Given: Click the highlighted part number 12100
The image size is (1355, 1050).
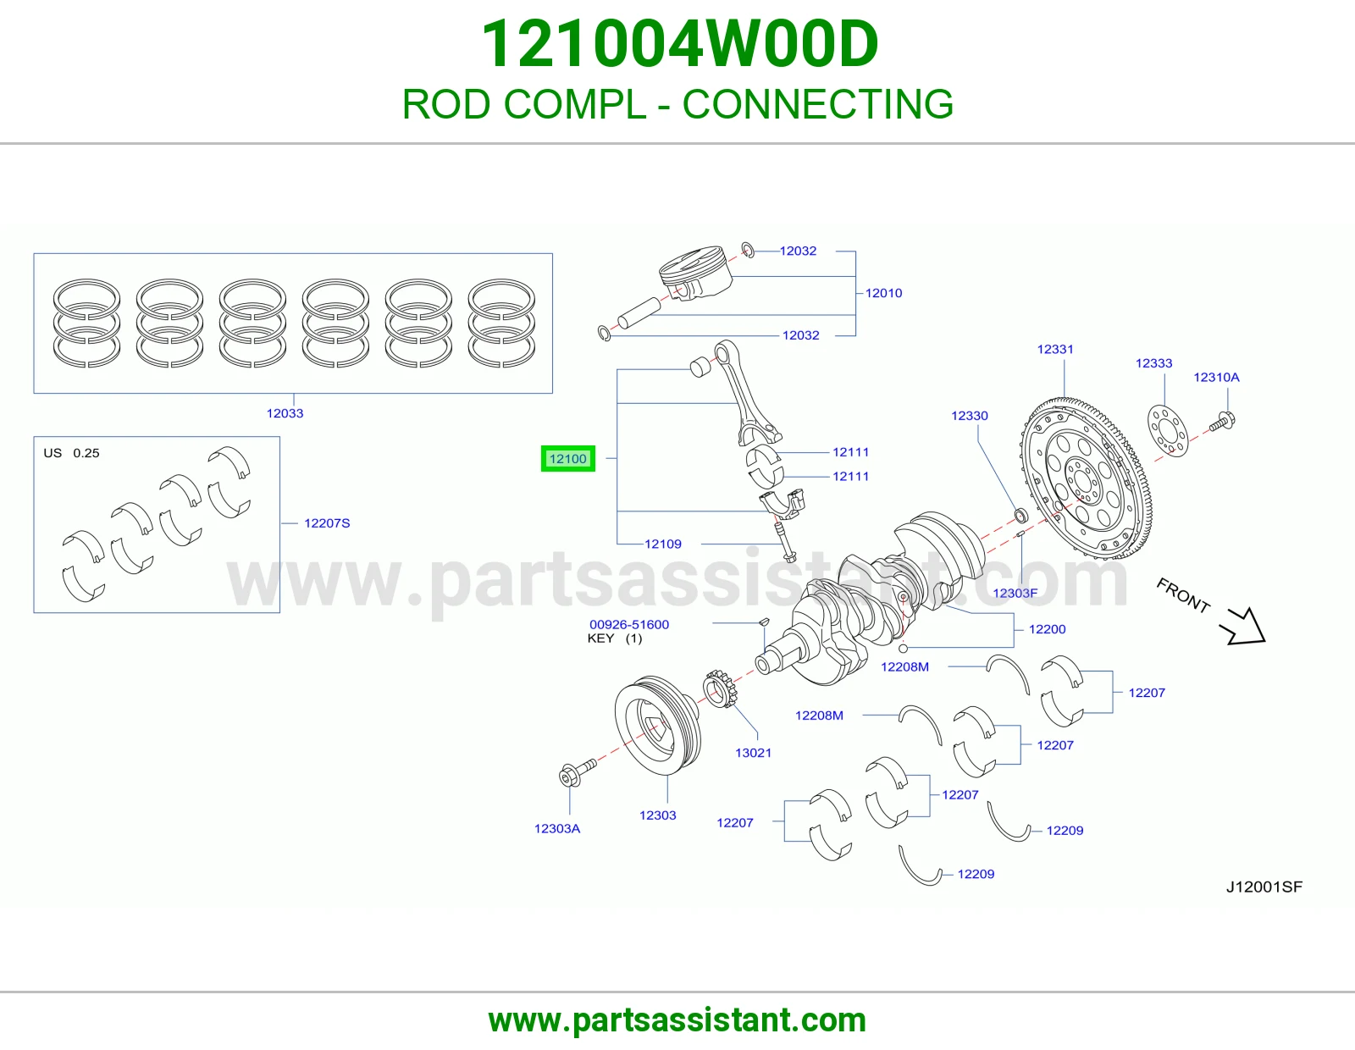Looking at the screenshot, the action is pos(567,459).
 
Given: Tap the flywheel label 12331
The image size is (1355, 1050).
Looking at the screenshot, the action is pos(1055,349).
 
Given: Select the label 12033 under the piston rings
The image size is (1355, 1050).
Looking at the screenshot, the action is pos(285,413).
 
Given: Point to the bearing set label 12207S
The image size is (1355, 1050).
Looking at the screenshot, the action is pos(327,523).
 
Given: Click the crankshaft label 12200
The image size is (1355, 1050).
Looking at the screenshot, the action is pos(1047,629).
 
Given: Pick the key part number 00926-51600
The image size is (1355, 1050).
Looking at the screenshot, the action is pos(629,624).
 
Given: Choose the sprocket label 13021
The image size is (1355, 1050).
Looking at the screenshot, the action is pos(753,753).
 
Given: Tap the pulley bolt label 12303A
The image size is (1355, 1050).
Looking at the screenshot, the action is pos(557,829).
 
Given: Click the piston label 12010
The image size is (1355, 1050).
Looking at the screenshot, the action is pos(883,293).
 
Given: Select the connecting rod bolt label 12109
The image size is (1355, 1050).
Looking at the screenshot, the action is pos(663,544).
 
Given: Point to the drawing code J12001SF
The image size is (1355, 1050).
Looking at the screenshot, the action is pos(1264,887).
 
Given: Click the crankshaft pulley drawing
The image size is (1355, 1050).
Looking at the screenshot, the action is pos(658,725).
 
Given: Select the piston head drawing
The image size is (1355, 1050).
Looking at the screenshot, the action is pos(694,274).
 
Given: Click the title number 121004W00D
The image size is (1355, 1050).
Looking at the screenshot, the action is pos(679,44).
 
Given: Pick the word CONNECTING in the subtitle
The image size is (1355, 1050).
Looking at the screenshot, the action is pos(817,103).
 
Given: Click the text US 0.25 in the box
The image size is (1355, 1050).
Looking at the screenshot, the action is pos(71,453).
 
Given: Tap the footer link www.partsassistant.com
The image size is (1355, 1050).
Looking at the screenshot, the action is pos(677,1020).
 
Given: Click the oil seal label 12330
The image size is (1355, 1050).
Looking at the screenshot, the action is pos(969,416).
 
